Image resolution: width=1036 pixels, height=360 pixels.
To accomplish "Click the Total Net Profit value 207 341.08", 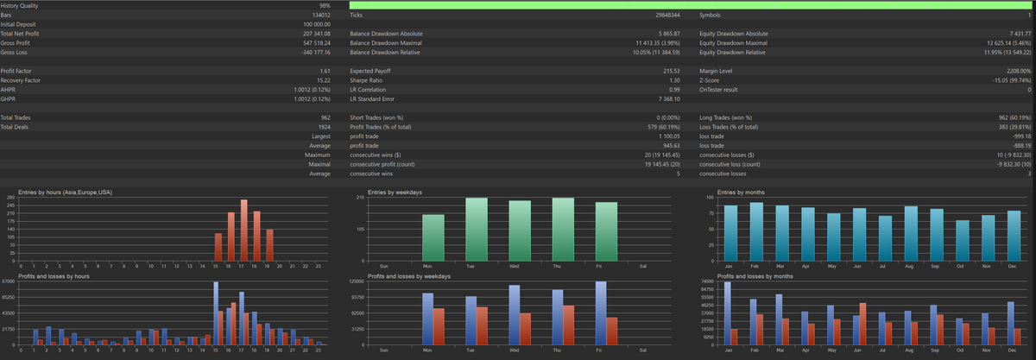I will [x=317, y=34].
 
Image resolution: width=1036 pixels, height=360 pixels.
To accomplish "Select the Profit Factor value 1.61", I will [x=325, y=70].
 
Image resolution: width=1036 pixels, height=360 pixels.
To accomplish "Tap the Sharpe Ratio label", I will [x=370, y=79].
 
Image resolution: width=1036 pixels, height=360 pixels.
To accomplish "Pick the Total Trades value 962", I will [x=325, y=117].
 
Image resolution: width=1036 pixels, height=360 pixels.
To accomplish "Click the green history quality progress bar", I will [x=691, y=6].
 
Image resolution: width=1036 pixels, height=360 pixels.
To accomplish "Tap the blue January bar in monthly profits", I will [x=727, y=313].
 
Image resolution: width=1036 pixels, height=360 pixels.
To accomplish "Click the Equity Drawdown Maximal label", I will [x=733, y=43].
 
